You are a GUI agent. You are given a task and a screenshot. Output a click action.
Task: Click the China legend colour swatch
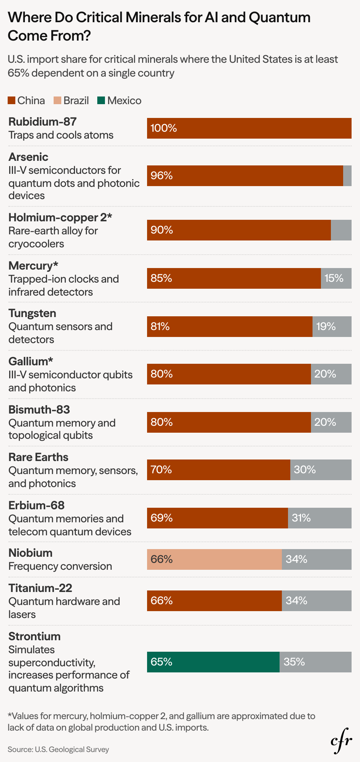pos(11,101)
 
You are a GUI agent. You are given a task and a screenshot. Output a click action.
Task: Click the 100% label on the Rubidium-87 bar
pos(164,128)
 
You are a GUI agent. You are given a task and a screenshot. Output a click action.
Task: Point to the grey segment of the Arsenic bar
pos(347,176)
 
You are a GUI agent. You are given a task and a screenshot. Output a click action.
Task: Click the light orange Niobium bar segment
pos(214,559)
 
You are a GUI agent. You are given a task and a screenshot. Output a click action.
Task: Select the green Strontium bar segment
pos(213,662)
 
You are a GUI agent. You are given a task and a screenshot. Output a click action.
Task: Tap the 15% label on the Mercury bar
pos(334,278)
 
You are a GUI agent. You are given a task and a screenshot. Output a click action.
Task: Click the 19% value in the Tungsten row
pos(326,327)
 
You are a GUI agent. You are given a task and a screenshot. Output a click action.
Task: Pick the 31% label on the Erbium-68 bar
pos(301,518)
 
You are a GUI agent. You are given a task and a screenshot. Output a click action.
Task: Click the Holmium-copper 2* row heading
pos(60,217)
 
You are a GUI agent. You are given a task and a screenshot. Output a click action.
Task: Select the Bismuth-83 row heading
pos(39,410)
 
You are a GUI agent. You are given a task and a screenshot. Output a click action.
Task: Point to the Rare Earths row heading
pos(38,457)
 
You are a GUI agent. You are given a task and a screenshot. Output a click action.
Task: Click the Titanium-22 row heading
pos(40,588)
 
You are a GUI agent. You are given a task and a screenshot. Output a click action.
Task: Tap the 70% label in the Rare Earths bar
pos(161,470)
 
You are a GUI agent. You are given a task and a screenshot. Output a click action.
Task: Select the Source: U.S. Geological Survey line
pos(58,749)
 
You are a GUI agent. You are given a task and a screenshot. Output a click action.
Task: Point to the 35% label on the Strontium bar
pos(294,662)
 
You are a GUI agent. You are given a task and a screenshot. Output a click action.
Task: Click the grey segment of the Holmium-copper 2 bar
pos(341,230)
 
